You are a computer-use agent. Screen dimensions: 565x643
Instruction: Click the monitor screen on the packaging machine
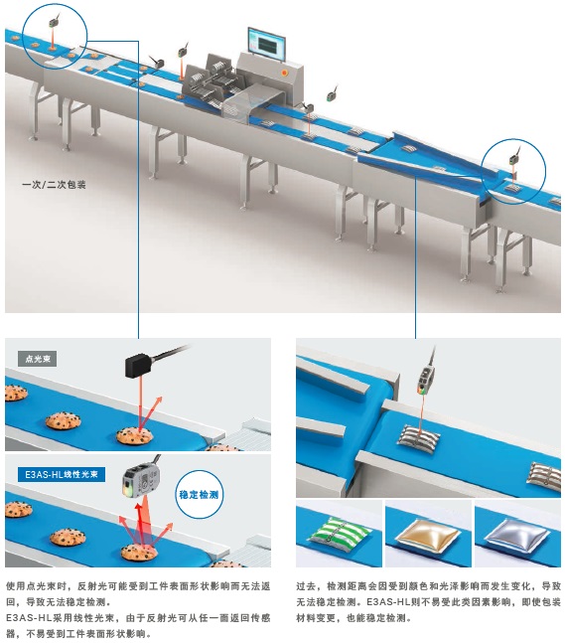[x=267, y=44]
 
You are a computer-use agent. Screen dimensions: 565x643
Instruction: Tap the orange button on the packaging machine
[x=284, y=73]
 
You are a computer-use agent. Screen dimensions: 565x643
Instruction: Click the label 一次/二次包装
[x=54, y=185]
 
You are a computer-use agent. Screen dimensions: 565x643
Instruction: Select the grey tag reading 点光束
[x=38, y=359]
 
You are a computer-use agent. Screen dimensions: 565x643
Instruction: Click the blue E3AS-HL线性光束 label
[x=62, y=474]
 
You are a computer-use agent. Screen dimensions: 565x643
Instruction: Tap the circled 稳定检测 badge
[x=199, y=495]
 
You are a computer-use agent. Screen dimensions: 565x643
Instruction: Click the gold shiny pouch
[x=427, y=534]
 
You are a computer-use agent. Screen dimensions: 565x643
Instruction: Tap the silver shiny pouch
[x=516, y=534]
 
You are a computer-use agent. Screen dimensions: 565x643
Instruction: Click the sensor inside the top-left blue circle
[x=54, y=23]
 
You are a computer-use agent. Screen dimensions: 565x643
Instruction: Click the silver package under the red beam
[x=418, y=437]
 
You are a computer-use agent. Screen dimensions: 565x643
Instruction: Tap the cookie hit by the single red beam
[x=134, y=435]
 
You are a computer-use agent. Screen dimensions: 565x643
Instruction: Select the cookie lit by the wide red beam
[x=139, y=553]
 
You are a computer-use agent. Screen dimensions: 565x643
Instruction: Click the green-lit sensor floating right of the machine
[x=331, y=96]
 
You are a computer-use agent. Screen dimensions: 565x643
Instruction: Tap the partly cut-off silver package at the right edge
[x=545, y=476]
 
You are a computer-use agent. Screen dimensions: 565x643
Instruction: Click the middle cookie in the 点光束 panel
[x=63, y=420]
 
